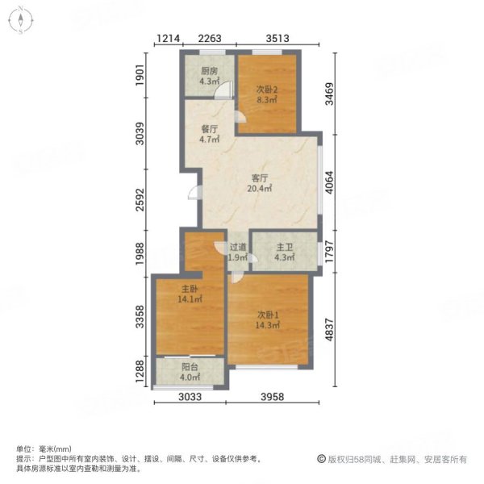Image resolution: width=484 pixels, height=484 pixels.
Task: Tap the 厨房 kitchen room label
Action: click(x=209, y=71)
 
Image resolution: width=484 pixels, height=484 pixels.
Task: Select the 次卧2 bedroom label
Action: click(x=267, y=90)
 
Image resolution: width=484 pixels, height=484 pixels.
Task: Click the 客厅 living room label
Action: click(x=259, y=178)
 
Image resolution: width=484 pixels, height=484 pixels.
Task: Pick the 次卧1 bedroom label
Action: click(x=267, y=314)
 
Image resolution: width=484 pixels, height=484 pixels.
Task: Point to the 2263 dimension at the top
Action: click(x=211, y=37)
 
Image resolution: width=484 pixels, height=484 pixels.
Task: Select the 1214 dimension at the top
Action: click(x=167, y=37)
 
